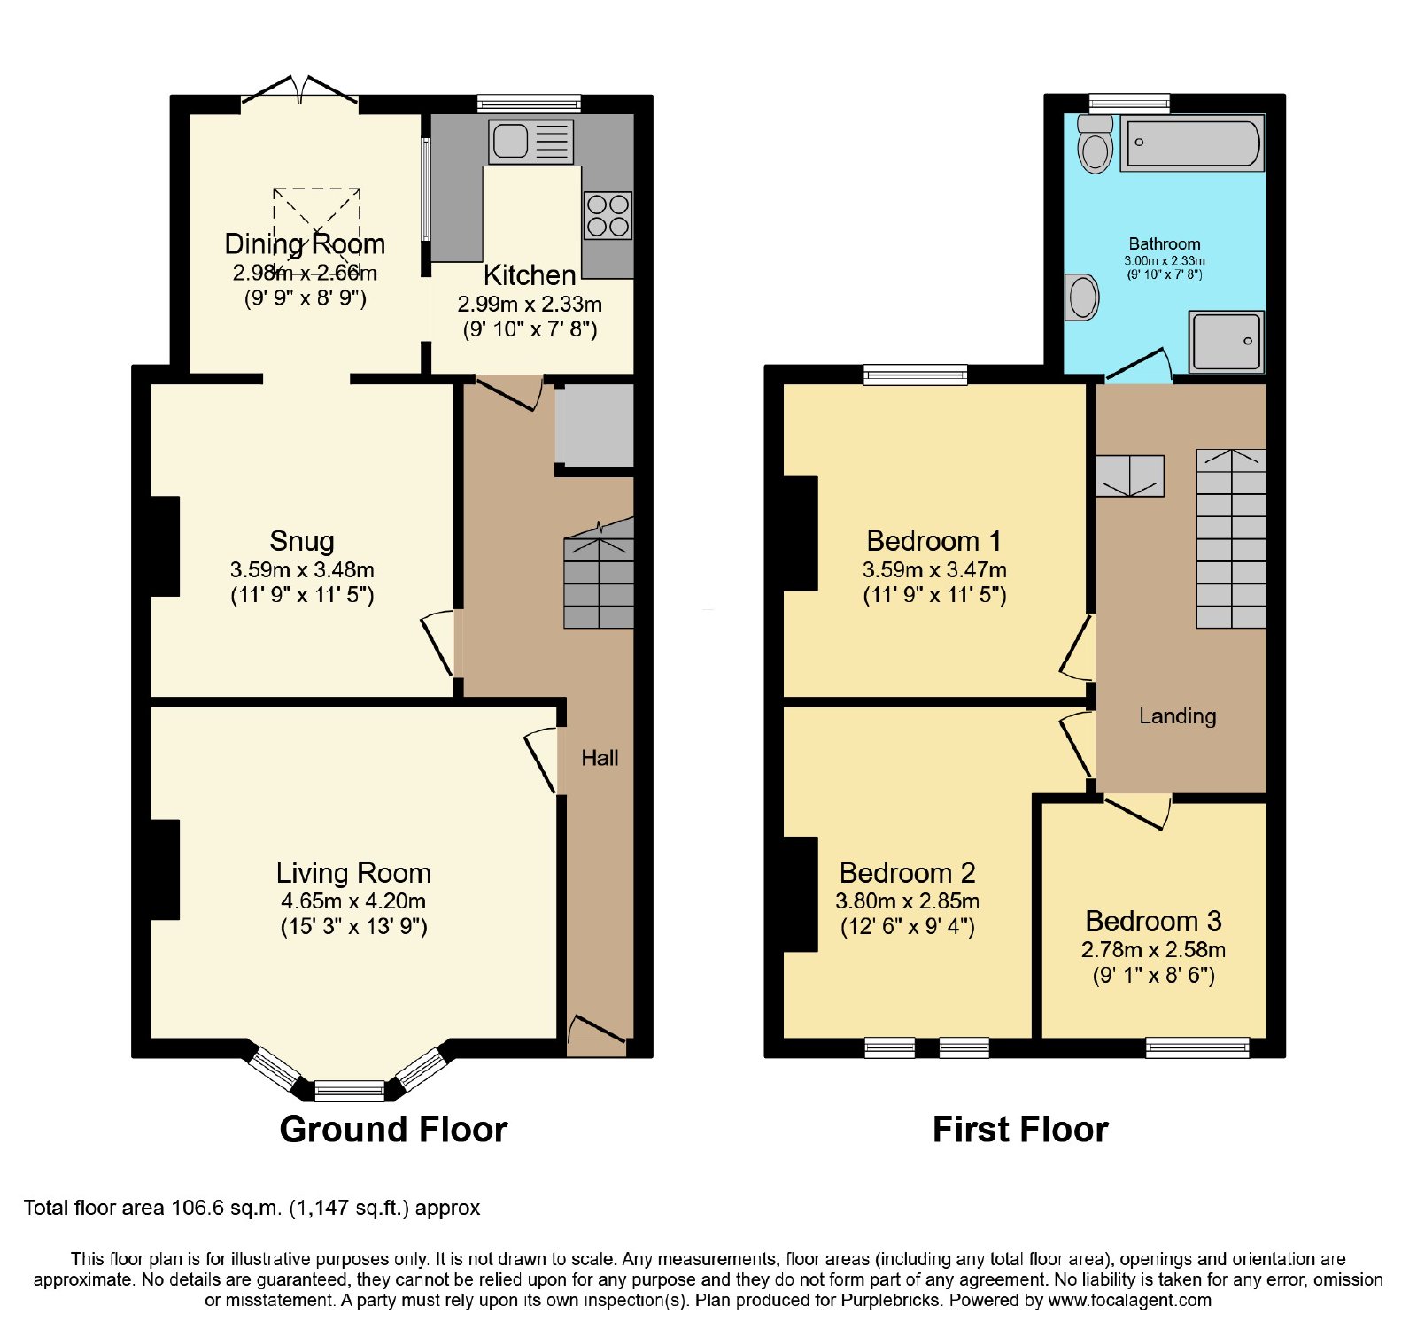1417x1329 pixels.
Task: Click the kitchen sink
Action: pos(530,142)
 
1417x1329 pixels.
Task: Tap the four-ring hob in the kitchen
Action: pos(608,215)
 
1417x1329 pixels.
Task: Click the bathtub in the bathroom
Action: pos(1192,143)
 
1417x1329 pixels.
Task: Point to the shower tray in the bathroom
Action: pos(1226,341)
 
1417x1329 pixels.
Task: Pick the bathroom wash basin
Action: pos(1081,297)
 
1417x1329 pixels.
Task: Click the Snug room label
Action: pos(302,540)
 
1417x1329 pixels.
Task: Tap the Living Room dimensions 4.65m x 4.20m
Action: pos(353,901)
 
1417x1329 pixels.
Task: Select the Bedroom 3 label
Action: pos(1153,921)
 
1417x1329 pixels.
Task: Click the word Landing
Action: pos(1177,715)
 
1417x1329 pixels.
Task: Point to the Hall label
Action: pos(600,758)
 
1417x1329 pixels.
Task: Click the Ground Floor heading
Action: pos(393,1129)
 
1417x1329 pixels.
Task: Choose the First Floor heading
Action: pos(1020,1129)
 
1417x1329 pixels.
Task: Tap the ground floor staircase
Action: pos(600,574)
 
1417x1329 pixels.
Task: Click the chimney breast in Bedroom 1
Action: pos(801,533)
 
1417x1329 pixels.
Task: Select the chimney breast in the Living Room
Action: pos(166,869)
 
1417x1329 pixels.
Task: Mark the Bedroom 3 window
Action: pos(1197,1047)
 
